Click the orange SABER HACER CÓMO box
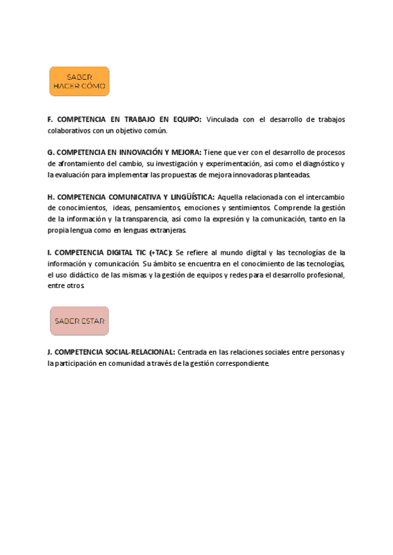[x=79, y=81]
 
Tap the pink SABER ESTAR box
[x=79, y=321]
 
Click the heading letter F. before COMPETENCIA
[x=50, y=120]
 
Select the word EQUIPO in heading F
[x=186, y=120]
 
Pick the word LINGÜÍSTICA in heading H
[x=192, y=196]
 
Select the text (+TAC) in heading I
[x=160, y=252]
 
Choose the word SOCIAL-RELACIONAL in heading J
[x=142, y=352]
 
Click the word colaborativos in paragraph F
[x=71, y=131]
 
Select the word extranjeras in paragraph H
[x=166, y=230]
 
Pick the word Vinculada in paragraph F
[x=224, y=120]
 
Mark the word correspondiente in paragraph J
[x=241, y=363]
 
